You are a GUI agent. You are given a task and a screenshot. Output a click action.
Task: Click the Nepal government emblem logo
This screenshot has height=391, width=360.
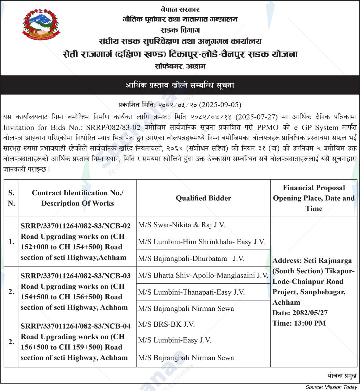pos(41,25)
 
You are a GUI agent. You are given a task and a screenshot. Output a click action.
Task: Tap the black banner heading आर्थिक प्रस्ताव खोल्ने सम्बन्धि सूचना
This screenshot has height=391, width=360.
pos(180,85)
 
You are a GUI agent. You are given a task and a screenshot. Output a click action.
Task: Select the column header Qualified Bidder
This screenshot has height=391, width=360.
pos(203,198)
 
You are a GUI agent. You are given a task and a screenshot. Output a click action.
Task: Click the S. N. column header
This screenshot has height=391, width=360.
pos(11,198)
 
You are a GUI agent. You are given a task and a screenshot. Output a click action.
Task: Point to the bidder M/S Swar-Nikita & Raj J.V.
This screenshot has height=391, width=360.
pos(181,225)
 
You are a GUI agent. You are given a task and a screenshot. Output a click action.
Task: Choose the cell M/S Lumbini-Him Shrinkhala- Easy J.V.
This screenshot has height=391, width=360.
pos(201,242)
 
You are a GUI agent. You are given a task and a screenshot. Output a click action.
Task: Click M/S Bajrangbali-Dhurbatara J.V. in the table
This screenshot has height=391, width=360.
pos(191,259)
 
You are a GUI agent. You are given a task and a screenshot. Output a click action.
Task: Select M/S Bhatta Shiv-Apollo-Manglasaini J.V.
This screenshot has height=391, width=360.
pos(203,275)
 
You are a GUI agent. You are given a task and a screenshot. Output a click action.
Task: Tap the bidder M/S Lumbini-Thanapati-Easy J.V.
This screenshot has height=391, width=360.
pos(191,292)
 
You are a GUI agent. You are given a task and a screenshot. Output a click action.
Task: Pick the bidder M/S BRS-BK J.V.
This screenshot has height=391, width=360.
pos(166,324)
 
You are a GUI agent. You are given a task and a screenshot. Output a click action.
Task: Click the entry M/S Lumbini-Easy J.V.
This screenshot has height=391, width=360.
pos(174,340)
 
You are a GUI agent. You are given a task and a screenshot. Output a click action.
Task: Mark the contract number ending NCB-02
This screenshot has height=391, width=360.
pos(76,226)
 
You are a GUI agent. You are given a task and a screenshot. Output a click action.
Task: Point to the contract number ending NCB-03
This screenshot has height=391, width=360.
pos(76,276)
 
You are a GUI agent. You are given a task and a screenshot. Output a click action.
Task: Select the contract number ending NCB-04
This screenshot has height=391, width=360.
pos(76,326)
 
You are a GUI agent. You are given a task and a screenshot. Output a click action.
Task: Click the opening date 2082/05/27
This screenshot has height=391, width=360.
pos(310,313)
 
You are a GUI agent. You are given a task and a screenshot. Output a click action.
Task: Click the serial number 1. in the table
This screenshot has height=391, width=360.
pos(11,242)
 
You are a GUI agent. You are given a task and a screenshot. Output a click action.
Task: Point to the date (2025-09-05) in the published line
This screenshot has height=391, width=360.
pos(220,105)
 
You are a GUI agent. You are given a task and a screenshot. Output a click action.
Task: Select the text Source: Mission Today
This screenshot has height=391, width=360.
pos(331,387)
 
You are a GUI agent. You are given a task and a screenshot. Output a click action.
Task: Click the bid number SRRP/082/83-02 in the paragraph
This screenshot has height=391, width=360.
pos(113,127)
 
